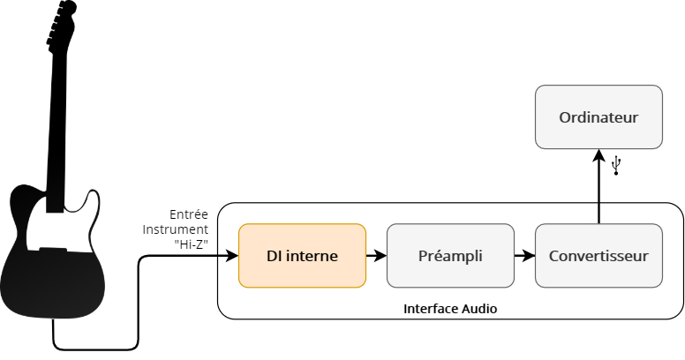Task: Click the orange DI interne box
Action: pyautogui.click(x=302, y=256)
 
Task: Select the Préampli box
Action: pyautogui.click(x=450, y=256)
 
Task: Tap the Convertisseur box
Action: pyautogui.click(x=598, y=256)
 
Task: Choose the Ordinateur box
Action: pyautogui.click(x=598, y=117)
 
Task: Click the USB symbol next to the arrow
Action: pyautogui.click(x=616, y=164)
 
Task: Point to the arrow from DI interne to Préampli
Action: pyautogui.click(x=376, y=256)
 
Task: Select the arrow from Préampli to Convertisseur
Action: pyautogui.click(x=524, y=256)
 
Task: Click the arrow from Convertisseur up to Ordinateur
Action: pyautogui.click(x=599, y=185)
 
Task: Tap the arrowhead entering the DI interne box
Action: pyautogui.click(x=232, y=256)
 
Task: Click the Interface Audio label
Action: pyautogui.click(x=450, y=309)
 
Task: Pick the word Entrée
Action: pyautogui.click(x=188, y=214)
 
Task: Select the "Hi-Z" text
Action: pyautogui.click(x=192, y=243)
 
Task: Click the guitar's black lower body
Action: pyautogui.click(x=53, y=282)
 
